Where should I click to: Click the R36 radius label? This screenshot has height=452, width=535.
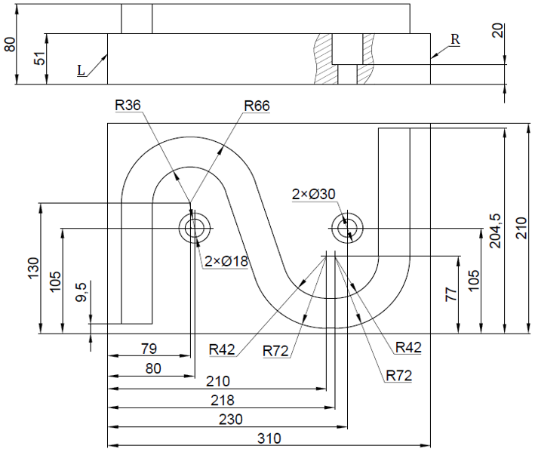tap(128, 106)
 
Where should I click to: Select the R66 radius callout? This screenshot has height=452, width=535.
tap(257, 106)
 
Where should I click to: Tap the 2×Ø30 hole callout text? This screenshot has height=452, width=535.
tap(313, 194)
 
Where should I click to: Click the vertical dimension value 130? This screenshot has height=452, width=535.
tap(32, 268)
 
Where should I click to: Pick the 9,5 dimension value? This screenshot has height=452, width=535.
tap(81, 292)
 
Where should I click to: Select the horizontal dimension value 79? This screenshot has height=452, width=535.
tap(149, 349)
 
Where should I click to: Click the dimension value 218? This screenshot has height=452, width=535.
tap(223, 400)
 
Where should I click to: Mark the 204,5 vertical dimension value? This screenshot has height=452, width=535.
tap(494, 229)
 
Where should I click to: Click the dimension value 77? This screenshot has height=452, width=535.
tap(451, 294)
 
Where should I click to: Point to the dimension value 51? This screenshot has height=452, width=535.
tap(39, 58)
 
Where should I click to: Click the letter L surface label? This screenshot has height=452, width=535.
tap(81, 69)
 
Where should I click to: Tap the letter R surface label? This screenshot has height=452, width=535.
tap(454, 38)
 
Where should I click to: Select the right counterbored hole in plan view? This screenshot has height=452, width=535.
tap(347, 227)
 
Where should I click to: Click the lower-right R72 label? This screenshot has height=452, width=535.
tap(398, 375)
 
